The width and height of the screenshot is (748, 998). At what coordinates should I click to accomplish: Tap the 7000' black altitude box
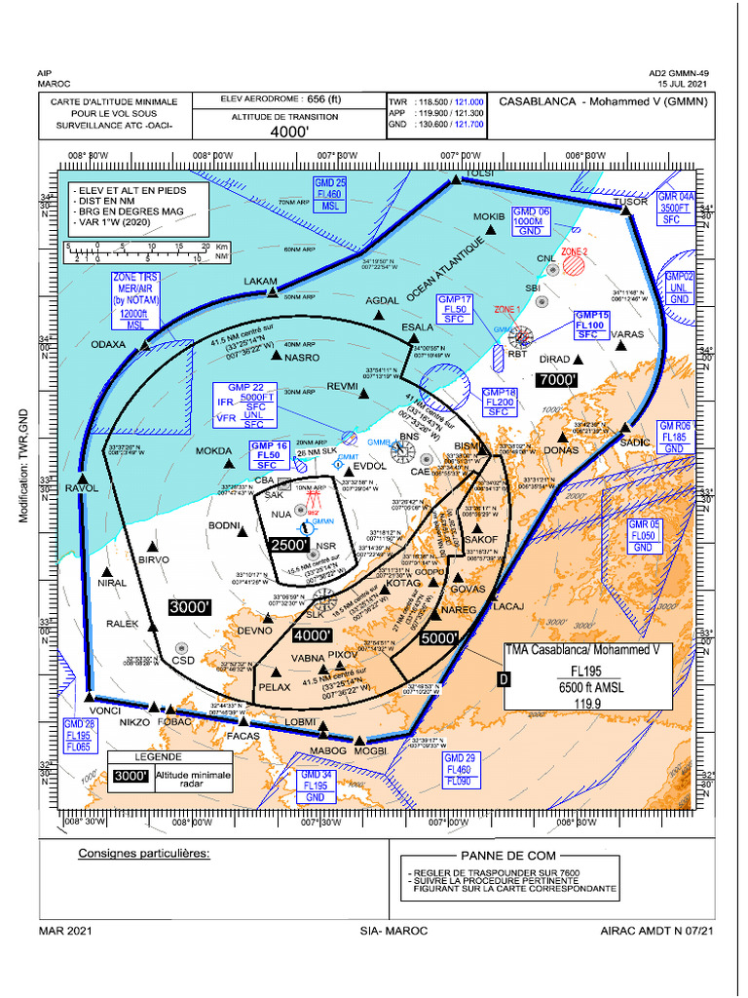tap(557, 379)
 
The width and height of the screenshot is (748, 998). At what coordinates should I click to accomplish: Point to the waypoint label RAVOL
tap(82, 488)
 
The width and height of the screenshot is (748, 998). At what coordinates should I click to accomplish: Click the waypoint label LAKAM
tap(260, 281)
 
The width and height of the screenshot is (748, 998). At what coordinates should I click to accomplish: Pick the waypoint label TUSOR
tap(630, 202)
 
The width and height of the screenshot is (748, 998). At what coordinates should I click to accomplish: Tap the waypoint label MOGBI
tap(371, 750)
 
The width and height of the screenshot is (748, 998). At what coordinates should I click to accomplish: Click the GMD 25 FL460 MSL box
tap(330, 195)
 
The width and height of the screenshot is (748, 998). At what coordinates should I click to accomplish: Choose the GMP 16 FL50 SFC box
tap(268, 455)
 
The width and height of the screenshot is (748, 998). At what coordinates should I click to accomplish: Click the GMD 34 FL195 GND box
tap(316, 786)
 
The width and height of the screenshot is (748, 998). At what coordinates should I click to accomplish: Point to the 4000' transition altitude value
tap(288, 132)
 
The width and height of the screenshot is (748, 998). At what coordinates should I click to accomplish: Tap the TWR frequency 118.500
tap(434, 101)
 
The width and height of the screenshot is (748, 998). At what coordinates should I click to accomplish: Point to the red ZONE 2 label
tap(574, 251)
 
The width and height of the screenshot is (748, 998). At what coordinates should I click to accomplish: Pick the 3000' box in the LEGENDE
tap(130, 776)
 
